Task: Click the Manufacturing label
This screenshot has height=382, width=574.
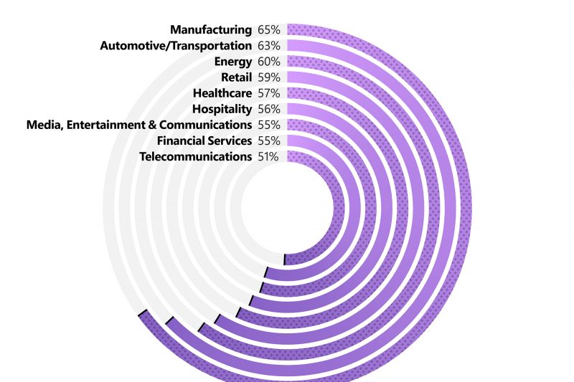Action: tap(211, 29)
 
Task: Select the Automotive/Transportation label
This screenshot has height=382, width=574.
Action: tap(176, 45)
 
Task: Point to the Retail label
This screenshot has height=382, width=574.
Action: tap(237, 77)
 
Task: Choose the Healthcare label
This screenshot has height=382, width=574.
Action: tap(222, 93)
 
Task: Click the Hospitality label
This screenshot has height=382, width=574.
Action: tap(222, 109)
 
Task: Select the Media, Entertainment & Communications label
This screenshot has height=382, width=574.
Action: tap(138, 125)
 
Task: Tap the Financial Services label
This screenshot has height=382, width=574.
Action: tap(204, 140)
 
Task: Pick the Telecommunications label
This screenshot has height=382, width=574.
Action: tap(195, 156)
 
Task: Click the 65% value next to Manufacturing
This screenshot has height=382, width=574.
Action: tap(268, 29)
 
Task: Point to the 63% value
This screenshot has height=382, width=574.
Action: tap(268, 45)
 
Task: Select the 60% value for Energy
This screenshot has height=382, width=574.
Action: tap(268, 62)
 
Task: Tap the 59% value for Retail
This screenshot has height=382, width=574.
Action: tap(268, 77)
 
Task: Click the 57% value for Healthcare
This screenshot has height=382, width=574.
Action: tap(268, 93)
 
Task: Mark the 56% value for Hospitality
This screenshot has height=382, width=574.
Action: tap(268, 109)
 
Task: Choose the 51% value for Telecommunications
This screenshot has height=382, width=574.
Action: tap(268, 156)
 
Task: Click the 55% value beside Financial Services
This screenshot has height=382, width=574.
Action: tap(268, 140)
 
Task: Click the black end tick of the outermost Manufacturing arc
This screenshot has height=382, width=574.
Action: tap(142, 313)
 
